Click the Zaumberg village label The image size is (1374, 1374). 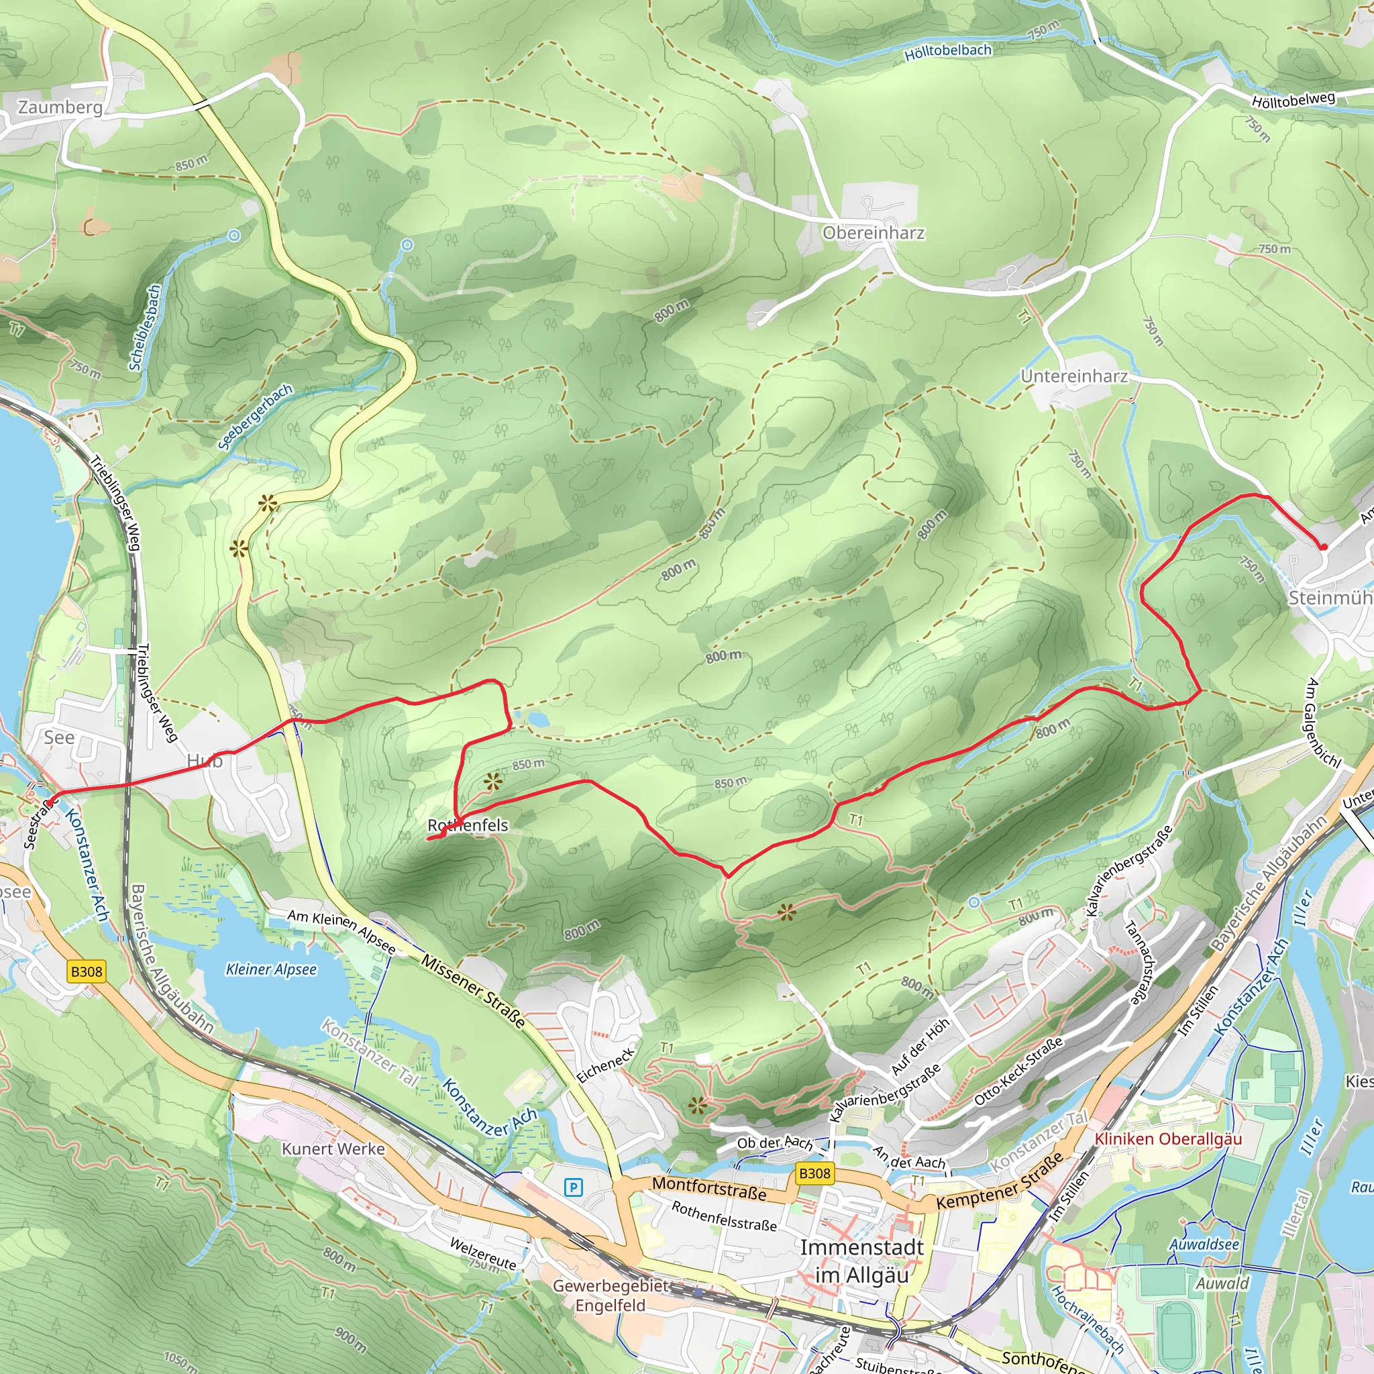click(60, 107)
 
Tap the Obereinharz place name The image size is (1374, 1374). click(874, 233)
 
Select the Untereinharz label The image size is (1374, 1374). click(1074, 376)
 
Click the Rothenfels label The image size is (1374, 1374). click(468, 825)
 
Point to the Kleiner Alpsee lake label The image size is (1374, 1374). click(271, 969)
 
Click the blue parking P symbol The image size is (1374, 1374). click(573, 1187)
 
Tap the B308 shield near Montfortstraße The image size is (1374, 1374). click(814, 1173)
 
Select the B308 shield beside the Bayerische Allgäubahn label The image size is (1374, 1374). click(87, 971)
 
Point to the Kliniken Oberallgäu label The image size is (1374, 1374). click(1168, 1139)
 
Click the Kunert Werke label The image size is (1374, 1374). click(333, 1149)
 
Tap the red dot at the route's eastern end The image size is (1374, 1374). click(1324, 547)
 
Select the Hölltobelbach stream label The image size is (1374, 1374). click(948, 52)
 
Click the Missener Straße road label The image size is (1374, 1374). click(473, 992)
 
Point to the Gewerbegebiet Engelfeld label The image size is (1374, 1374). click(611, 1295)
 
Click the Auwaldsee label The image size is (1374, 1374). click(1205, 1245)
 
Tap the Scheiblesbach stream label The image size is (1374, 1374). click(145, 327)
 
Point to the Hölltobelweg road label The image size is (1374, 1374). click(1293, 100)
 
